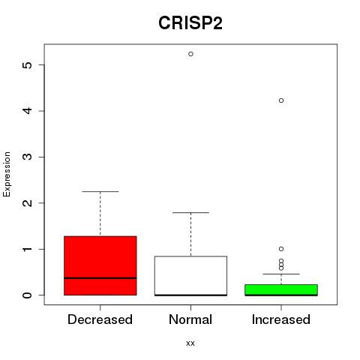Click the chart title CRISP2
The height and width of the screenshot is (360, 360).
pos(190,23)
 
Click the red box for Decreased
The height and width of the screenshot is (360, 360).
pos(100,265)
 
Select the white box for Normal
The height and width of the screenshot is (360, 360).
pos(190,276)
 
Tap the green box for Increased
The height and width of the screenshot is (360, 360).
pos(281,290)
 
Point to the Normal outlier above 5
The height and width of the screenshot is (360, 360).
pos(190,54)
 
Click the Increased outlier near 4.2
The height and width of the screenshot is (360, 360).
pos(281,100)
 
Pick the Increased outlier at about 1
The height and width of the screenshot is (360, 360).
pos(281,249)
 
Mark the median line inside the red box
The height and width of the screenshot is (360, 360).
pos(100,278)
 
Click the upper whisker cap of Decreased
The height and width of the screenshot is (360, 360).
pos(100,191)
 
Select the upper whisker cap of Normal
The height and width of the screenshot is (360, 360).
pos(190,212)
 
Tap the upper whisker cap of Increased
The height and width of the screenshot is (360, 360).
pos(281,274)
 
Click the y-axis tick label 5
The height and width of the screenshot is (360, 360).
pos(28,65)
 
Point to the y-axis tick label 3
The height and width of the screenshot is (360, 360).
pos(28,157)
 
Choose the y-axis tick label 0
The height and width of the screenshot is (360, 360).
pos(28,295)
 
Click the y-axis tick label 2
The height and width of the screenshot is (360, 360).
pos(28,203)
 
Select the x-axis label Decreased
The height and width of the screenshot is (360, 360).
pos(100,319)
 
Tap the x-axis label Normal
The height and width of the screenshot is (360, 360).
pos(190,319)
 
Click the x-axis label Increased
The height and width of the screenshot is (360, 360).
pos(281,319)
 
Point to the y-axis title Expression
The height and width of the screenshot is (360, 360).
pos(7,174)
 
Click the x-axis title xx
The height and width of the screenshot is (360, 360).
pos(190,343)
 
